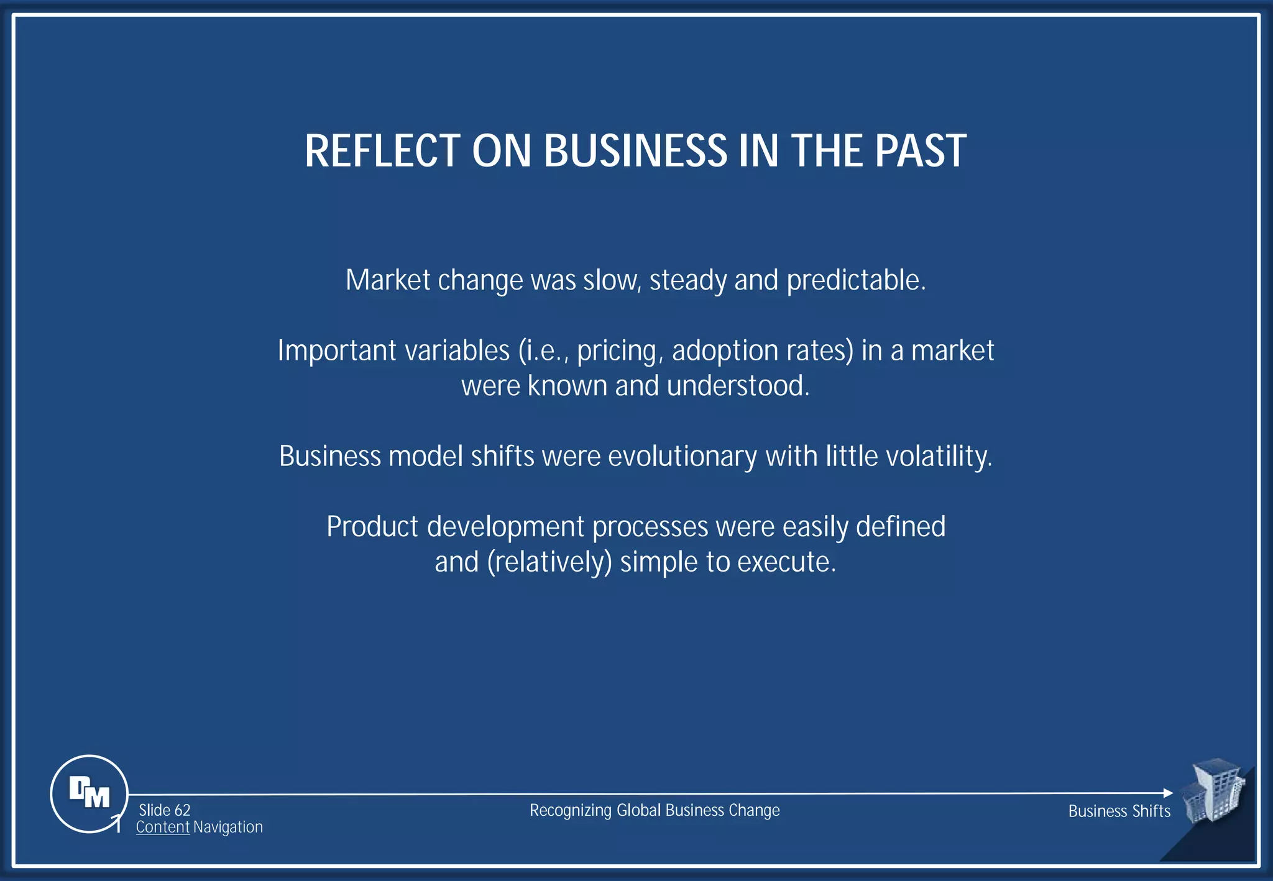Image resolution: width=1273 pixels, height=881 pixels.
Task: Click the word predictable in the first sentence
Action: tap(855, 280)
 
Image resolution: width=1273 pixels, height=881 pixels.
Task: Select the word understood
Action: tap(738, 386)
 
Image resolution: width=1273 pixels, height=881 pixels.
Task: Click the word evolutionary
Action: tap(682, 457)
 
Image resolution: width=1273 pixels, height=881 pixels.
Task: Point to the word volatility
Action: tap(939, 457)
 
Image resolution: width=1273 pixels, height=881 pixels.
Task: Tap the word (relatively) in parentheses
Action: tap(549, 562)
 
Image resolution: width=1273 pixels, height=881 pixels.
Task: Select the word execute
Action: tap(786, 562)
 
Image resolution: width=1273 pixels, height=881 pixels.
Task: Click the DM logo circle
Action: tap(89, 793)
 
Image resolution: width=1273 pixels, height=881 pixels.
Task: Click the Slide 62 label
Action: tap(164, 810)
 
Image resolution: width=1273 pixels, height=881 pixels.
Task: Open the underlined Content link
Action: tap(162, 828)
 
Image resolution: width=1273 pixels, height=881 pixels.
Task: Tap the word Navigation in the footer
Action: tap(228, 828)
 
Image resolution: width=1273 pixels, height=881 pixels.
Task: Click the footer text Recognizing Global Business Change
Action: tap(654, 810)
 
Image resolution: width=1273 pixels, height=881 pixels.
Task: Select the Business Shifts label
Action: tap(1119, 811)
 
